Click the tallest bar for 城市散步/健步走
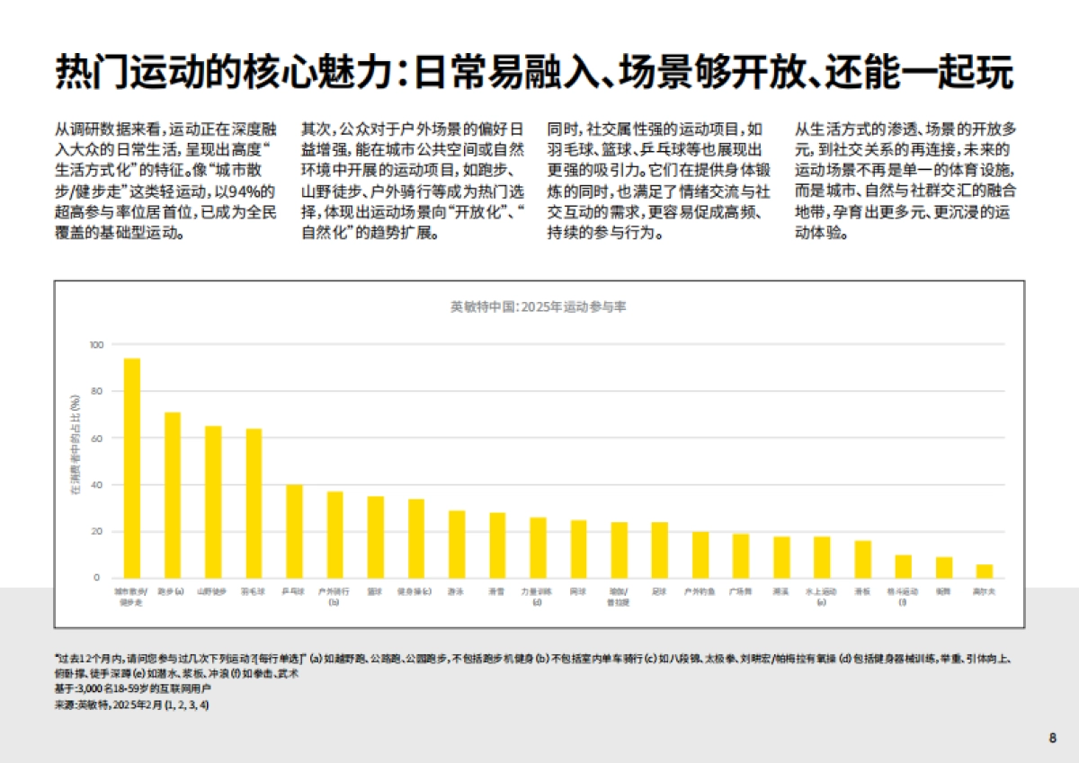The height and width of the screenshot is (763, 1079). point(132,467)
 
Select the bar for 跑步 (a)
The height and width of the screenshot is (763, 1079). point(173,494)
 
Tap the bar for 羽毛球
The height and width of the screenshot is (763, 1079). point(254,502)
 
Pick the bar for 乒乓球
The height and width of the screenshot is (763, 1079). point(294,531)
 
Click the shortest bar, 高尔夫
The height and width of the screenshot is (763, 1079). point(985,571)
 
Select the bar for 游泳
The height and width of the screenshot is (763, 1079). point(457,544)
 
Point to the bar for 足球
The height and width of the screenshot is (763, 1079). point(660,549)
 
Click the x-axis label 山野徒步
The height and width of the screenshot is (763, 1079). point(213,592)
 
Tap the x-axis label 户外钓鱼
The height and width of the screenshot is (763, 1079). point(700,592)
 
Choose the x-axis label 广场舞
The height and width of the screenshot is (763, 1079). point(741,592)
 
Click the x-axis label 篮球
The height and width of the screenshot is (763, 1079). point(376,592)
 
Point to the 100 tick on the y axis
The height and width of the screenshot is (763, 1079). point(97,345)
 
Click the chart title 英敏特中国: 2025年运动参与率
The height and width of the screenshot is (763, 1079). point(539,306)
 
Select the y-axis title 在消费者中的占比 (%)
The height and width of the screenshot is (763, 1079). point(76,445)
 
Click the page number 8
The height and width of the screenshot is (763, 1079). point(1052,738)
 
